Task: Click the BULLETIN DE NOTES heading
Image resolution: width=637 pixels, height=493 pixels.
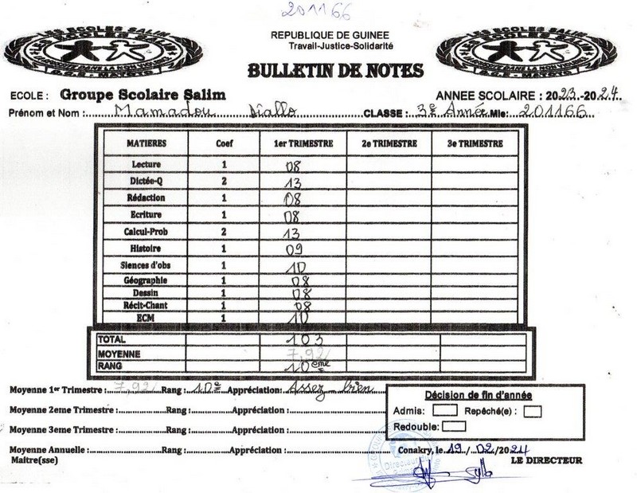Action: tap(335, 71)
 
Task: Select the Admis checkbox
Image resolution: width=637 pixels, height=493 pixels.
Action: tap(447, 410)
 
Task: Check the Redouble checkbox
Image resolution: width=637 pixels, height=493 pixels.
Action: tap(457, 428)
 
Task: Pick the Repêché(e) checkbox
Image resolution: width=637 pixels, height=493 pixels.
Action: tap(533, 410)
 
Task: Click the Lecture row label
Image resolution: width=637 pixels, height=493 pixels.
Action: tap(142, 164)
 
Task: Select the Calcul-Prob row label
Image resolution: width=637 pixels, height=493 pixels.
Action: tap(142, 231)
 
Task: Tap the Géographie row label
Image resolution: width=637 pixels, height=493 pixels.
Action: tap(142, 281)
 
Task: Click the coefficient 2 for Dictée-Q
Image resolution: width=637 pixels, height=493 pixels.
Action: tap(225, 181)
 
